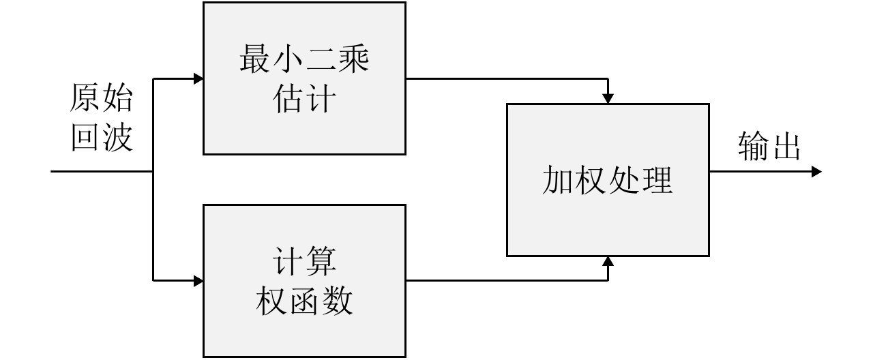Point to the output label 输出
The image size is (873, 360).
point(769,147)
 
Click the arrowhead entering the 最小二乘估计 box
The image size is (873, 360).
point(198,78)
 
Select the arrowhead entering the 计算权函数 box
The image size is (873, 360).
point(198,280)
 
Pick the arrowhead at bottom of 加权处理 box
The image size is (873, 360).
point(608,261)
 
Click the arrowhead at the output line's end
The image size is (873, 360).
point(816,172)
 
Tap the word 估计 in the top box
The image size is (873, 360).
point(304,100)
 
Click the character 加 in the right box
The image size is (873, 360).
point(559,181)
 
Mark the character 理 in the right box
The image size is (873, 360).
point(657,181)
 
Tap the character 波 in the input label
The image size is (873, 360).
point(117,138)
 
